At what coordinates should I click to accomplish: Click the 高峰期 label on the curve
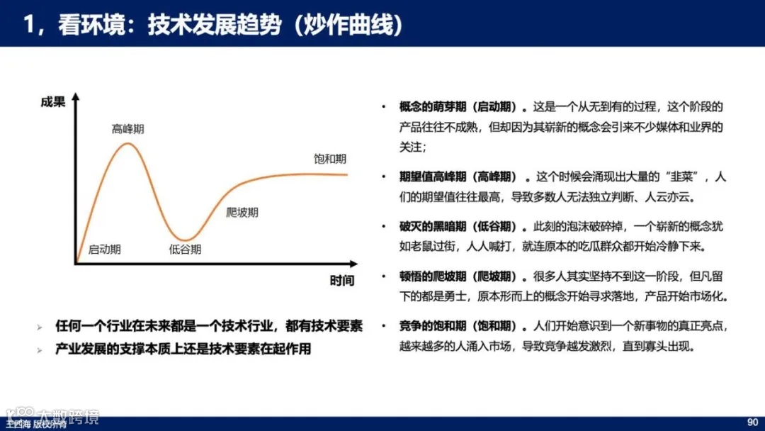coord(127,129)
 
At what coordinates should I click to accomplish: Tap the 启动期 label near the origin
coord(104,250)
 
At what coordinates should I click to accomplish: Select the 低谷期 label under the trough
coord(185,250)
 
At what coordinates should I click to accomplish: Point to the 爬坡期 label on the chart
coord(242,212)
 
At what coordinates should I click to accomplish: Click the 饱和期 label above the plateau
coord(330,159)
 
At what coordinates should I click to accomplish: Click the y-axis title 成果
coord(52,102)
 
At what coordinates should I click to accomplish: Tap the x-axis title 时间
coord(341,280)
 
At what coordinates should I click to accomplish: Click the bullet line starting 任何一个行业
coord(209,326)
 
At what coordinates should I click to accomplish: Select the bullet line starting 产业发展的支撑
coord(183,349)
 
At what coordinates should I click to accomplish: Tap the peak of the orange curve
coord(127,144)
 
